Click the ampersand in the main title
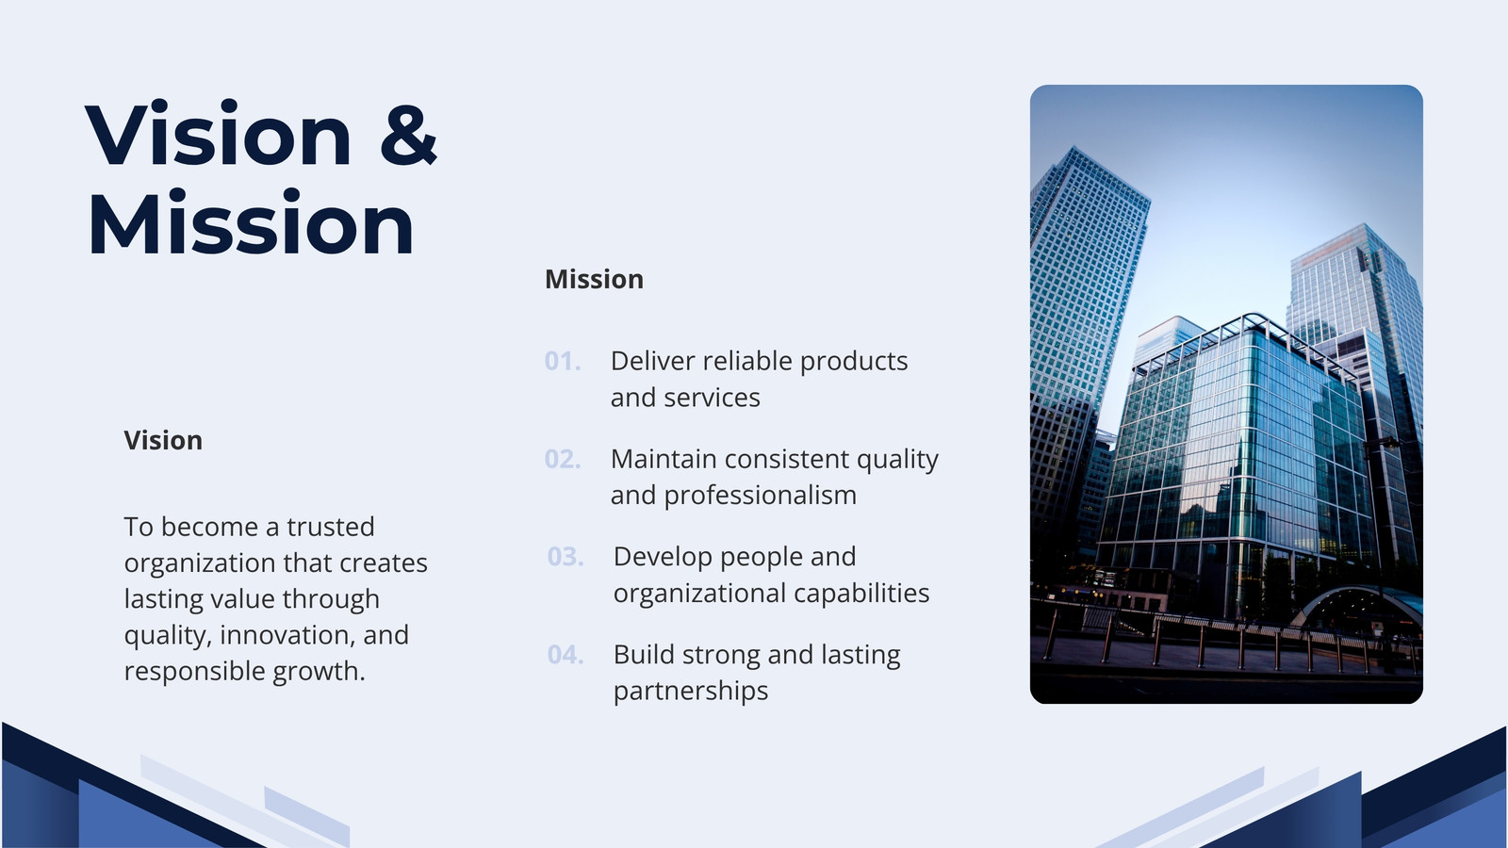409,134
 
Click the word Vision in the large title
218,133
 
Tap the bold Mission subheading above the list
594,279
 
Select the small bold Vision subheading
163,440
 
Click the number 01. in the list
563,362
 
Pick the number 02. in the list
563,459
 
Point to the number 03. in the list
565,557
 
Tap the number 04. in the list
565,654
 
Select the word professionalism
760,496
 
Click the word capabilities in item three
861,594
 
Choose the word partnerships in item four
691,692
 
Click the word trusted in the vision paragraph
331,527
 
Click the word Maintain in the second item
664,459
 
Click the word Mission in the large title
251,222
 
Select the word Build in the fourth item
645,654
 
